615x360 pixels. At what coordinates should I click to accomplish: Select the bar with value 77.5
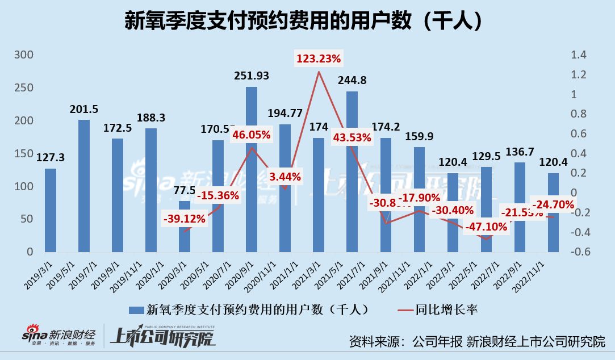tap(185, 227)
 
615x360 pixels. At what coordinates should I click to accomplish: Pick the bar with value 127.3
tap(51, 210)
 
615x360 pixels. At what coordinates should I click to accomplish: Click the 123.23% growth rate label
tap(319, 58)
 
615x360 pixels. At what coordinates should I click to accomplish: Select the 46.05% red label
tap(251, 135)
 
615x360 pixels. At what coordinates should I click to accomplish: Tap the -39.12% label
tap(185, 219)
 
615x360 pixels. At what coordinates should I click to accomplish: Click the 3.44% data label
tap(286, 177)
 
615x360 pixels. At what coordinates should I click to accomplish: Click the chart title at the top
tap(307, 21)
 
